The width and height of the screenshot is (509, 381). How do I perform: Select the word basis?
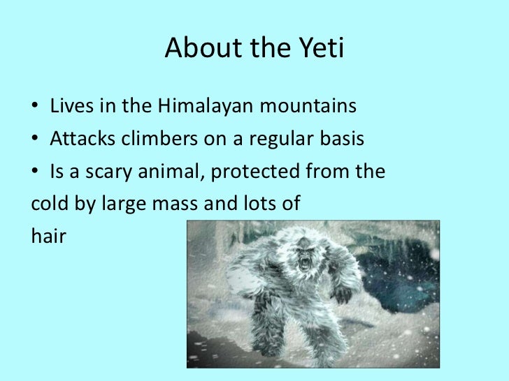[339, 140]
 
